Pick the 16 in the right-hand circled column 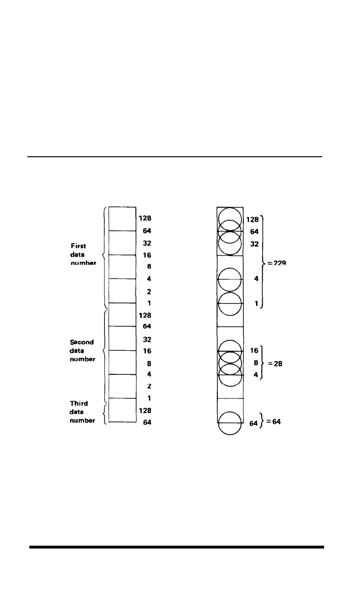click(254, 351)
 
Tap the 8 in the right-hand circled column click(256, 363)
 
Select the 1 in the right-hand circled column click(256, 304)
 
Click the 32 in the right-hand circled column click(254, 244)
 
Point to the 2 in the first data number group click(148, 291)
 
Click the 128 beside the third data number click(146, 410)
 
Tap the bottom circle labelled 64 click(230, 423)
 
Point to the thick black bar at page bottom click(177, 547)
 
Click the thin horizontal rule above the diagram click(174, 157)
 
